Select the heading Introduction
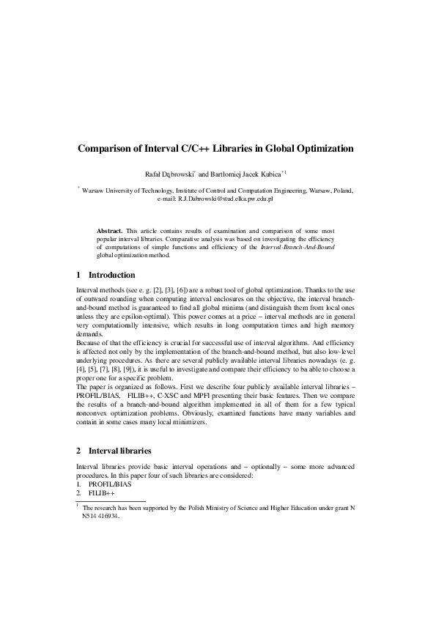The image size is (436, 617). (111, 276)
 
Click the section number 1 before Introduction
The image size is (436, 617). (78, 276)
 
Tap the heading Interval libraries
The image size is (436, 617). (119, 449)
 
